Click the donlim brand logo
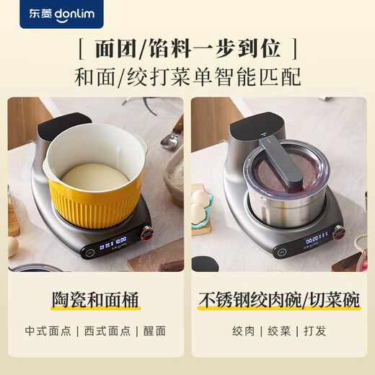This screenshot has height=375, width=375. (x=61, y=14)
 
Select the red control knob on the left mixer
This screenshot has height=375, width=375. (x=147, y=233)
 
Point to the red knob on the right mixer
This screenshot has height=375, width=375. (x=339, y=233)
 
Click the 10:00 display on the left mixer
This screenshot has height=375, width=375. (x=121, y=240)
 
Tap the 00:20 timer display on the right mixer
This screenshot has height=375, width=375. (x=312, y=239)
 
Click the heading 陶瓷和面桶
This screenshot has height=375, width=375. (x=95, y=300)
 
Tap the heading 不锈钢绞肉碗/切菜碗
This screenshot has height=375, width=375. (x=279, y=300)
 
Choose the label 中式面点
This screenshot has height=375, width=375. (x=48, y=331)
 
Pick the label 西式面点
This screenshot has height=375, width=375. (x=107, y=331)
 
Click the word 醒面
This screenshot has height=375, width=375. (x=154, y=331)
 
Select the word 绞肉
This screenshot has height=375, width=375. (x=243, y=331)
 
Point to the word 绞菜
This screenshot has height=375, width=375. (x=279, y=331)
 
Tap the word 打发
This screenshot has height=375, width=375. (x=314, y=331)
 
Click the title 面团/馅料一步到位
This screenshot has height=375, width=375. (x=187, y=49)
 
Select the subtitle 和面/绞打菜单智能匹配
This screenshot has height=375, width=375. (x=187, y=77)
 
